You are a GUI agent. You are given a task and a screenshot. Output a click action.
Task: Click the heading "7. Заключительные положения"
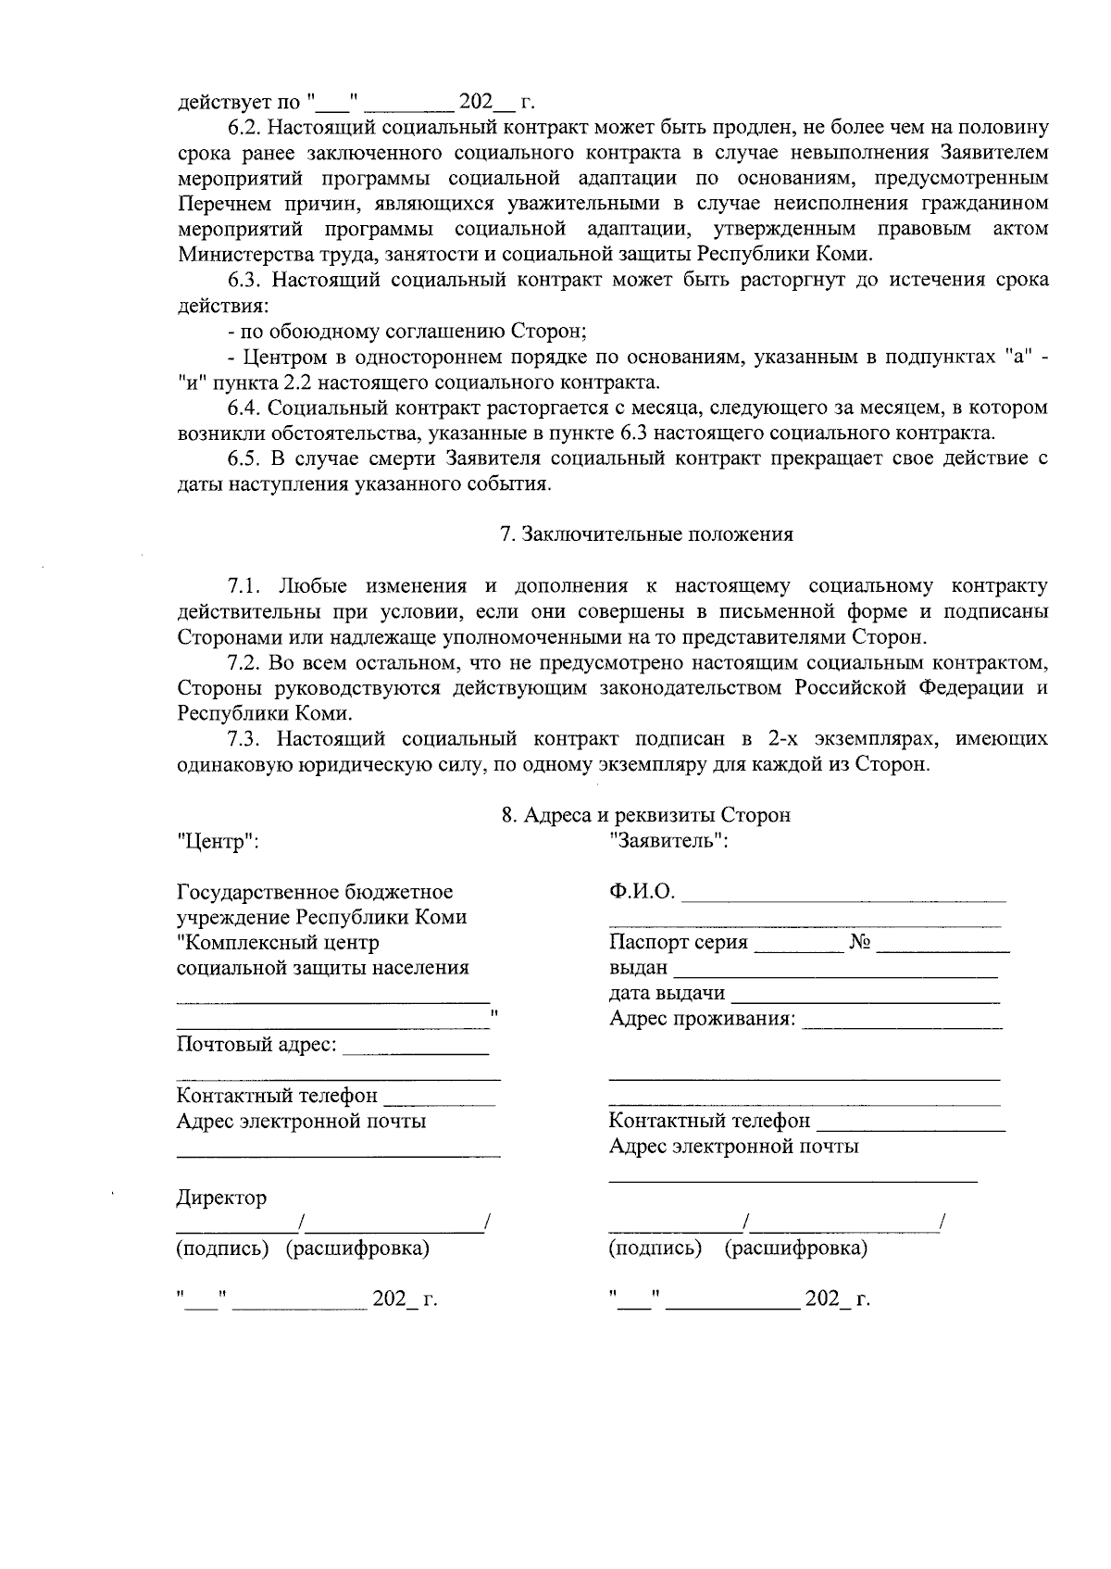[645, 534]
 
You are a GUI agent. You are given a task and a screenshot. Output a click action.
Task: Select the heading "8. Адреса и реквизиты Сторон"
[645, 815]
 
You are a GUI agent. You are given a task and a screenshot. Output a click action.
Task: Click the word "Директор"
[221, 1198]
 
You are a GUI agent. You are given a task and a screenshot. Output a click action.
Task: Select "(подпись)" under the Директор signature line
[222, 1248]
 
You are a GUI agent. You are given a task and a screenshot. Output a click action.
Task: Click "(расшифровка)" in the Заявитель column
[795, 1248]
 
